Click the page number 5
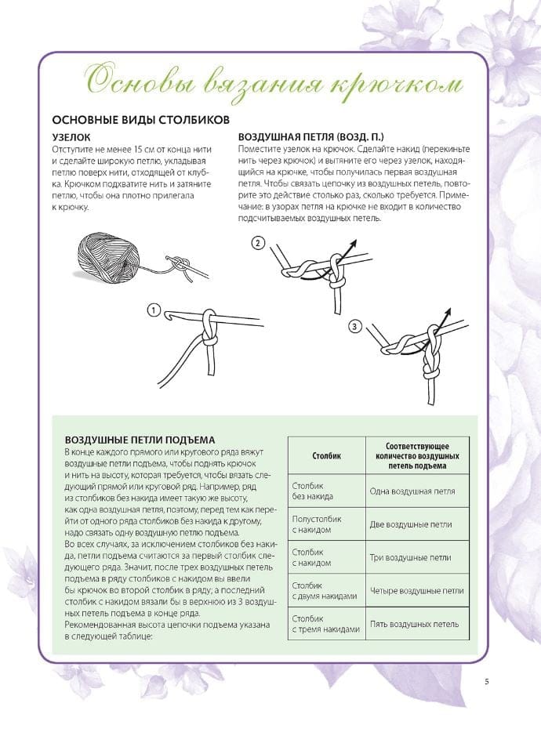[487, 681]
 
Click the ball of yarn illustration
[107, 255]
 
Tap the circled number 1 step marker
[154, 310]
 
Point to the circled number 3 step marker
[354, 326]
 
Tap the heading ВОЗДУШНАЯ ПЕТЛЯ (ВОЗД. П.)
[307, 136]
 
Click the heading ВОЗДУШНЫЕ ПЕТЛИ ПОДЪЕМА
[140, 440]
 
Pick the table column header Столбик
[325, 455]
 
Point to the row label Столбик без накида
[313, 491]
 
